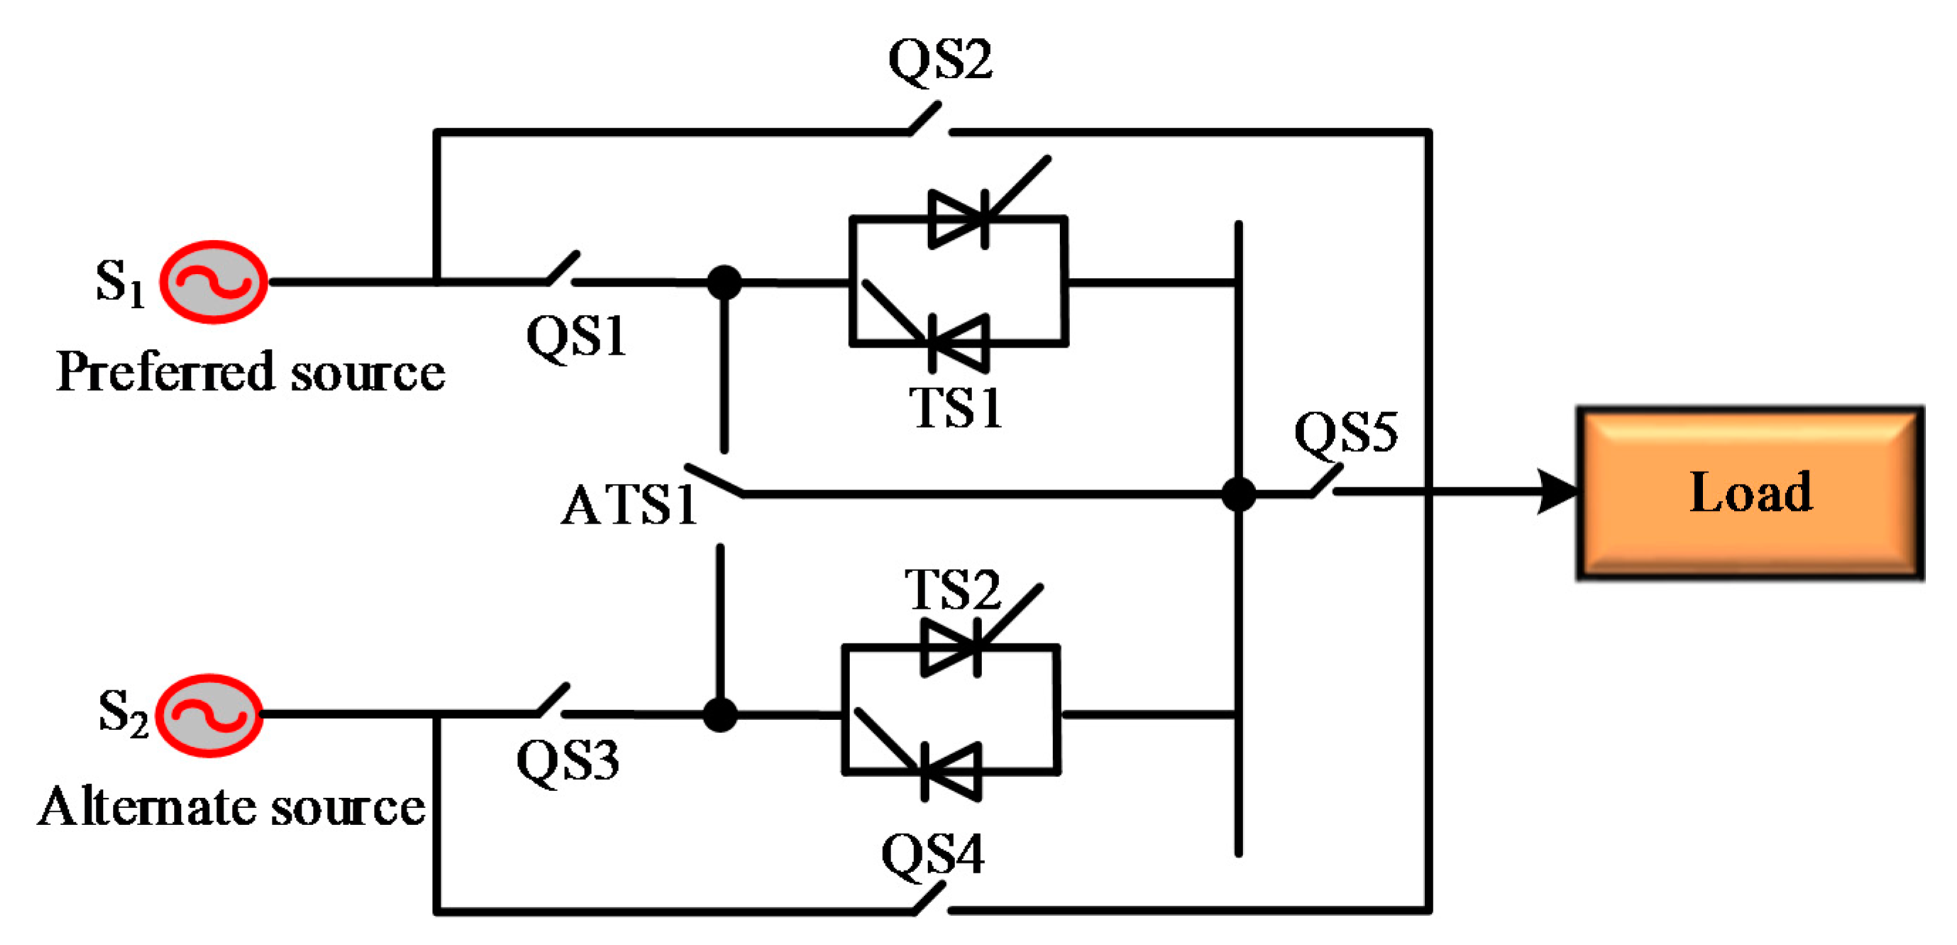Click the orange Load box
(x=1750, y=494)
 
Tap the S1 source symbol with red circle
(x=214, y=282)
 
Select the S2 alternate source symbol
(x=210, y=716)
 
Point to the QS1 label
(x=576, y=336)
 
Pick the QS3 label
(x=568, y=761)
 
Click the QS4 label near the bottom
(x=932, y=855)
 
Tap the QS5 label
(x=1345, y=432)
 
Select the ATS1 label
(x=628, y=505)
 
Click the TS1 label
(x=956, y=408)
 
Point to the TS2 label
(x=953, y=590)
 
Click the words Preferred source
(x=250, y=372)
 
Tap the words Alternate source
(x=232, y=807)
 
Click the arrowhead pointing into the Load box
(x=1558, y=492)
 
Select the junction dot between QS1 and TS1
(x=724, y=282)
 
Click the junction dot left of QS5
(x=1238, y=494)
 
